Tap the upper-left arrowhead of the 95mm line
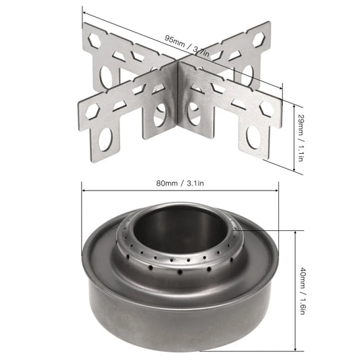tap(84, 9)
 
